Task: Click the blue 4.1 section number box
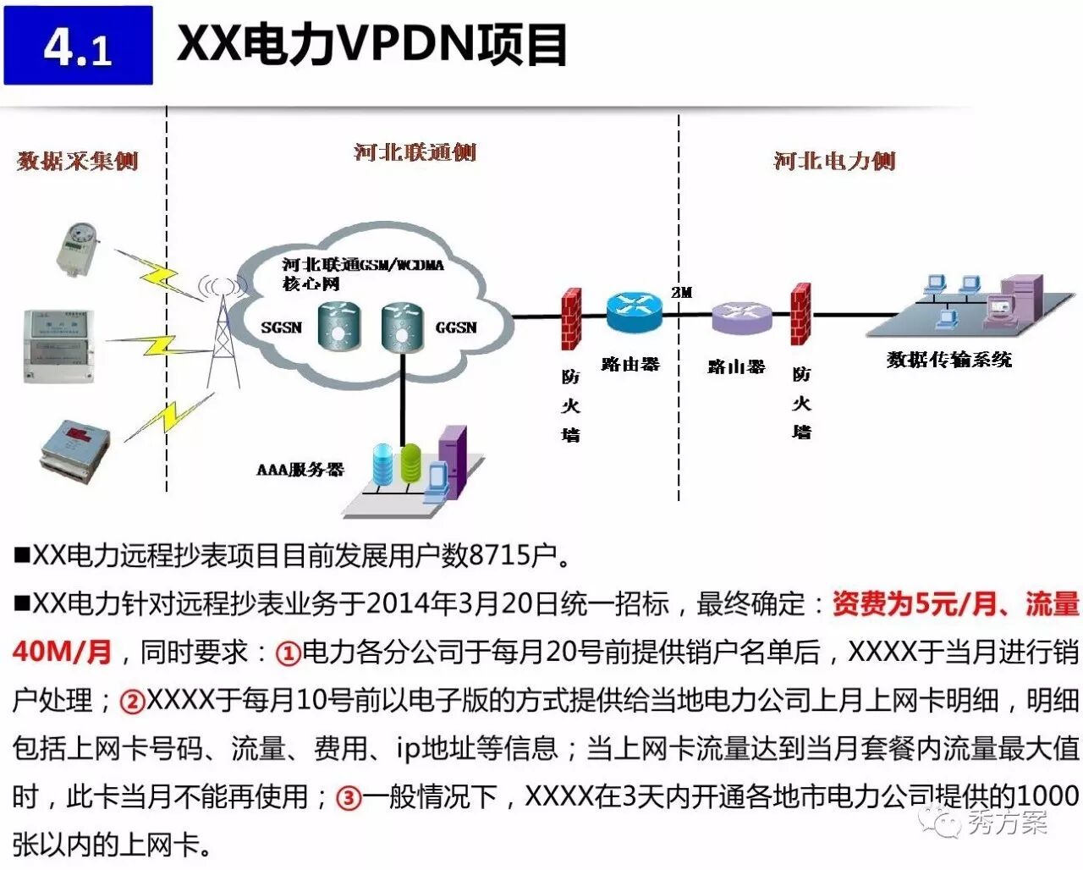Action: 78,45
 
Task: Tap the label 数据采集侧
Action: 77,160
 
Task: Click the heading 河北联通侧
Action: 415,152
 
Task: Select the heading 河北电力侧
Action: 833,160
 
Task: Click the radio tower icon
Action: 222,330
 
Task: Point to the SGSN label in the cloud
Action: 281,328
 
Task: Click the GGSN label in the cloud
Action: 456,328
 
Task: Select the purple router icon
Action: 740,317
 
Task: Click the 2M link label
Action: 682,292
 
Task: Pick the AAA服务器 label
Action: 300,469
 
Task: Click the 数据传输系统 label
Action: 948,360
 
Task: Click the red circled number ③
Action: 349,797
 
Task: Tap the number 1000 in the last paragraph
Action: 1047,796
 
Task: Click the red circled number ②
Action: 132,701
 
